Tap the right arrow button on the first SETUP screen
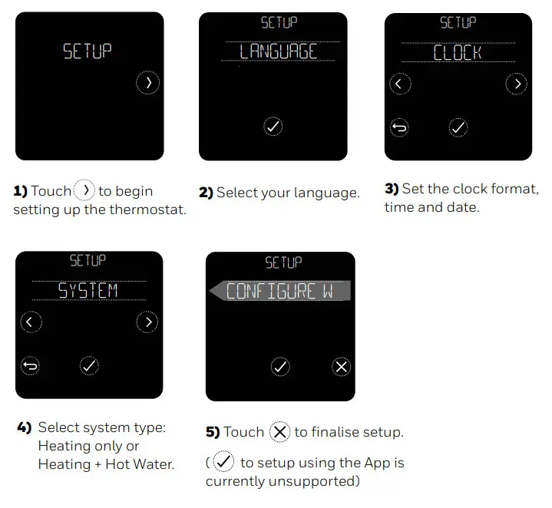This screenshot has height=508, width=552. click(147, 82)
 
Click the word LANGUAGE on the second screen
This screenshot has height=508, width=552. click(278, 51)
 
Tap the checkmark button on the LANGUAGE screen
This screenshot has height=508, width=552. click(273, 127)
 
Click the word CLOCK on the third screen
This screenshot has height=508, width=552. click(458, 52)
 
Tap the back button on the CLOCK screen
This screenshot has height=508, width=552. click(399, 128)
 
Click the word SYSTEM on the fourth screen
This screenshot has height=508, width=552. click(89, 290)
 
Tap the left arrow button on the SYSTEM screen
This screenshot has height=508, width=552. click(30, 322)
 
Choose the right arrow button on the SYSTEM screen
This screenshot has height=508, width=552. click(147, 322)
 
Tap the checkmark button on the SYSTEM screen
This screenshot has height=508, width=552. click(89, 366)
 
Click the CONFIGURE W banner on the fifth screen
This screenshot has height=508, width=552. click(279, 291)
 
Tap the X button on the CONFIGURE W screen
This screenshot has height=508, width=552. click(342, 367)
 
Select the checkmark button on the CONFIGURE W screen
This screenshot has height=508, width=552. click(280, 367)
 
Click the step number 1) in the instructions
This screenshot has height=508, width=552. click(21, 191)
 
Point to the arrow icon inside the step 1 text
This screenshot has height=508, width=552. click(84, 190)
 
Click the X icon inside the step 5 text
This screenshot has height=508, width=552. click(279, 432)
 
